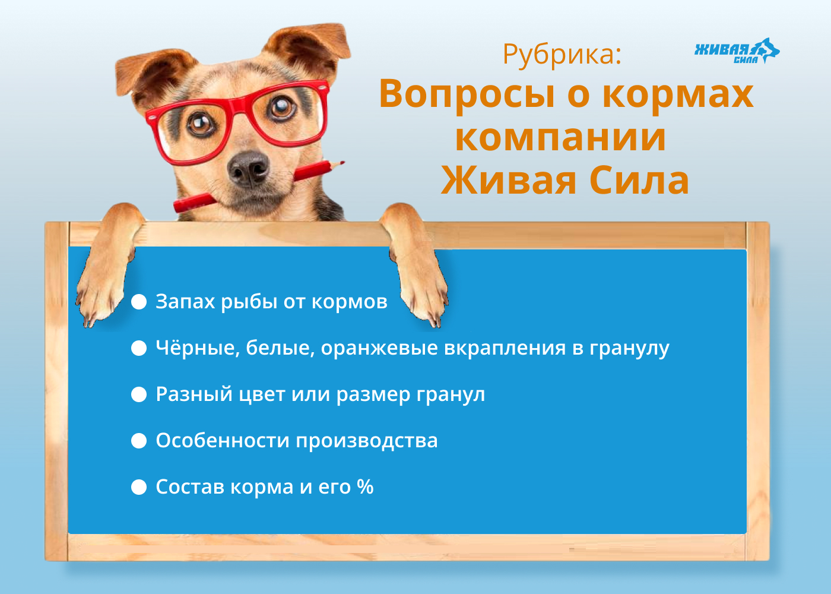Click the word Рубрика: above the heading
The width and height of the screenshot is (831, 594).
coord(562,55)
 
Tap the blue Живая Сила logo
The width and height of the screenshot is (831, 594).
coord(737,51)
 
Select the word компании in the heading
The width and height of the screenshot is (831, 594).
coord(560,138)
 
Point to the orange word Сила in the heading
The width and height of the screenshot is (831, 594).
coord(639,181)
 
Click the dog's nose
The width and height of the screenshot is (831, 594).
coord(248,168)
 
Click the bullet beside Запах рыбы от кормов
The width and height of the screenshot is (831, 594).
coord(139,302)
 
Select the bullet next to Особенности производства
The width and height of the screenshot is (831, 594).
coord(139,441)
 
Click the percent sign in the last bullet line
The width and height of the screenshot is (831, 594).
coord(365,486)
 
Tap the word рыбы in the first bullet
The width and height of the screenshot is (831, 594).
coord(249,302)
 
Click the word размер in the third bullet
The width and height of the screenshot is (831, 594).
coord(373,395)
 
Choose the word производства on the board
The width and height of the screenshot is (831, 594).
coord(367,441)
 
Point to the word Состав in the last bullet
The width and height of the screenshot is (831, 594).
coord(190,486)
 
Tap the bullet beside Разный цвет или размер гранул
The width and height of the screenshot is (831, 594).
coord(139,394)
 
